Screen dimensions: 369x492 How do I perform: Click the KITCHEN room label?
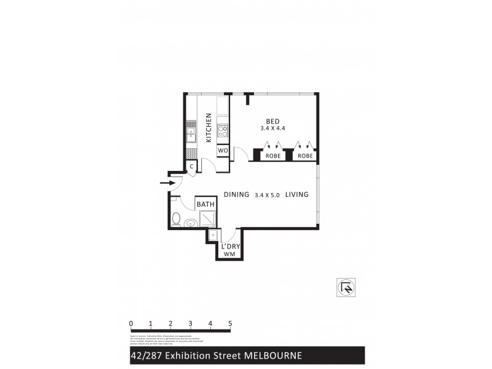[209, 127]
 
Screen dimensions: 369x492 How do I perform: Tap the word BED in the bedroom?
[273, 121]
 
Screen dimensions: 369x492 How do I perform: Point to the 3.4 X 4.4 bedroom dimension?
[273, 129]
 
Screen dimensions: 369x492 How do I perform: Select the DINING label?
[236, 195]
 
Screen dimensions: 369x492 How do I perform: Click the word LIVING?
[296, 195]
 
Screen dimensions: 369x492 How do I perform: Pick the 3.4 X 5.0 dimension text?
[267, 195]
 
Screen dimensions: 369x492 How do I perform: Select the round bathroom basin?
[191, 223]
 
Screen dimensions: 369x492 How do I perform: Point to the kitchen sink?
[191, 132]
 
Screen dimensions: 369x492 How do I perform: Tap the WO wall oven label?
[223, 151]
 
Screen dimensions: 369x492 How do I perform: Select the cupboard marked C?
[192, 167]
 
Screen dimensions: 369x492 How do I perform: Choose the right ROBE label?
[305, 156]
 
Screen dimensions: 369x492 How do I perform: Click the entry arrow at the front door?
[166, 183]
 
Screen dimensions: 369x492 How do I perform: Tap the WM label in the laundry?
[229, 254]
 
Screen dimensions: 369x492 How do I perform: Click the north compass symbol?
[346, 287]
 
